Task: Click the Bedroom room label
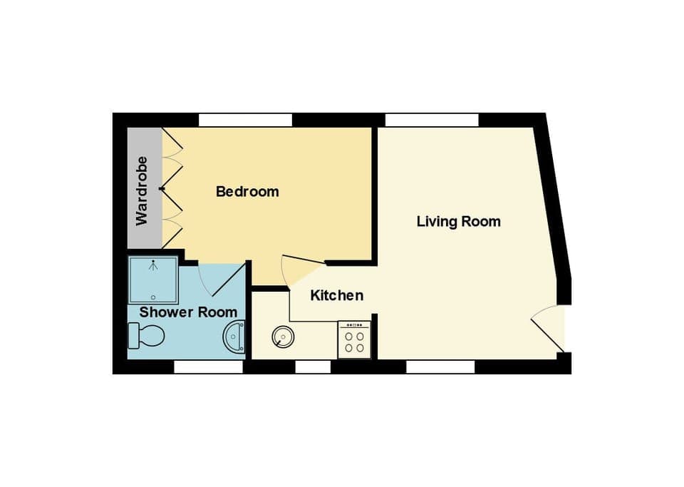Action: pos(247,192)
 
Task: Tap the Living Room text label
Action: pos(458,222)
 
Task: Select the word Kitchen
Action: pos(337,295)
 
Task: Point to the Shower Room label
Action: pos(188,312)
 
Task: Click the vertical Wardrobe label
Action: pos(142,190)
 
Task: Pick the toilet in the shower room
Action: pos(147,334)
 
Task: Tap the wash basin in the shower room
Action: pos(234,337)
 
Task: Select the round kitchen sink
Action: pos(283,336)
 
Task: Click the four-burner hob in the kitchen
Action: pos(354,339)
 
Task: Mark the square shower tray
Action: pos(152,280)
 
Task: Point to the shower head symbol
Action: pos(152,265)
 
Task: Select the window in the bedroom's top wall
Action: pos(245,120)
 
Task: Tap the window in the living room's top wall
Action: pos(432,120)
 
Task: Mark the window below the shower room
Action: pos(208,366)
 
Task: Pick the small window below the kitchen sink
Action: pos(313,366)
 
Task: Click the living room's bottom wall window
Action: pos(440,366)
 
